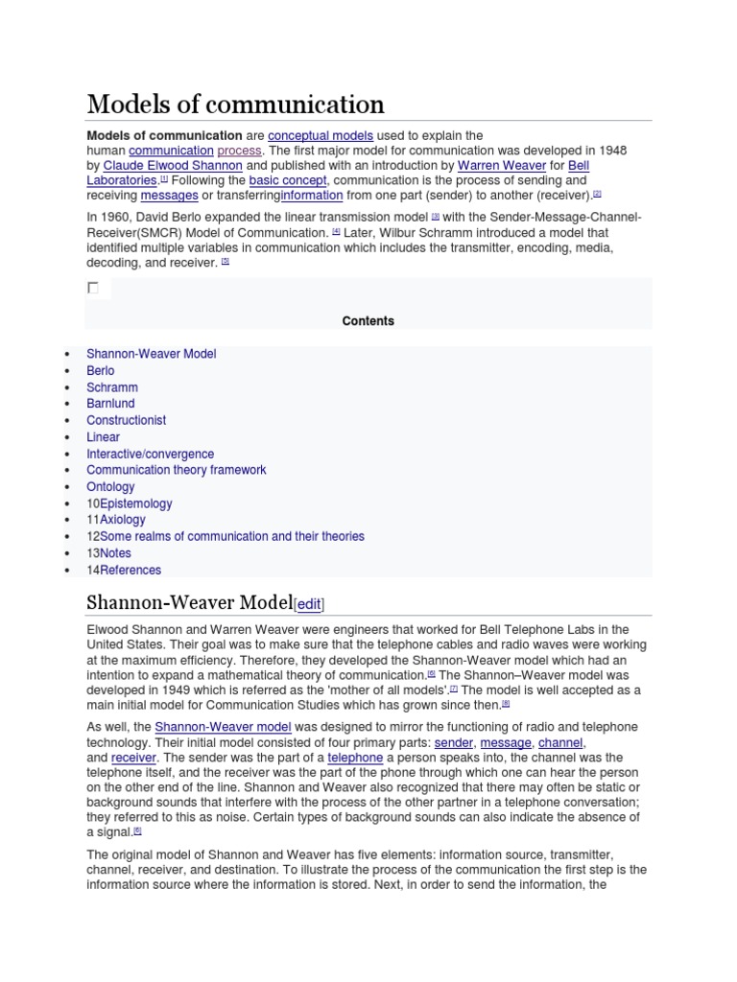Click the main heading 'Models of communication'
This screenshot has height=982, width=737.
tap(235, 104)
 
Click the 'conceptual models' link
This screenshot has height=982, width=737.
tap(321, 135)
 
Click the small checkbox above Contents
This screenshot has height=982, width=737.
tap(93, 288)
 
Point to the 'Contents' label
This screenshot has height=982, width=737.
tap(368, 321)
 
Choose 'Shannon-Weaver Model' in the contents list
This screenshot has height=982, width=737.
tap(151, 354)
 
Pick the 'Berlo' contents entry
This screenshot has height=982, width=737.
tap(100, 370)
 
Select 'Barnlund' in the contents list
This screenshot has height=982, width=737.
tap(110, 404)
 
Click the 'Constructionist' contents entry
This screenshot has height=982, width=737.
tap(126, 420)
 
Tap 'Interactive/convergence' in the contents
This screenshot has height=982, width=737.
tap(150, 454)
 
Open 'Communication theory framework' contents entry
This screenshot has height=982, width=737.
tap(176, 470)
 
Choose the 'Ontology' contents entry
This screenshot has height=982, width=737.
tap(110, 487)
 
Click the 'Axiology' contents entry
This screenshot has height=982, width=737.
tap(123, 520)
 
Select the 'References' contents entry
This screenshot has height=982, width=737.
tap(131, 570)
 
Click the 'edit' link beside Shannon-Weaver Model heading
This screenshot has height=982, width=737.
tap(309, 604)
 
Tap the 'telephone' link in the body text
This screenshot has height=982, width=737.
tap(355, 758)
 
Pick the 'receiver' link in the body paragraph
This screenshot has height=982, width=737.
tap(133, 758)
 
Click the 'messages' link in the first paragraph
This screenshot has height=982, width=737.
tap(169, 196)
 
